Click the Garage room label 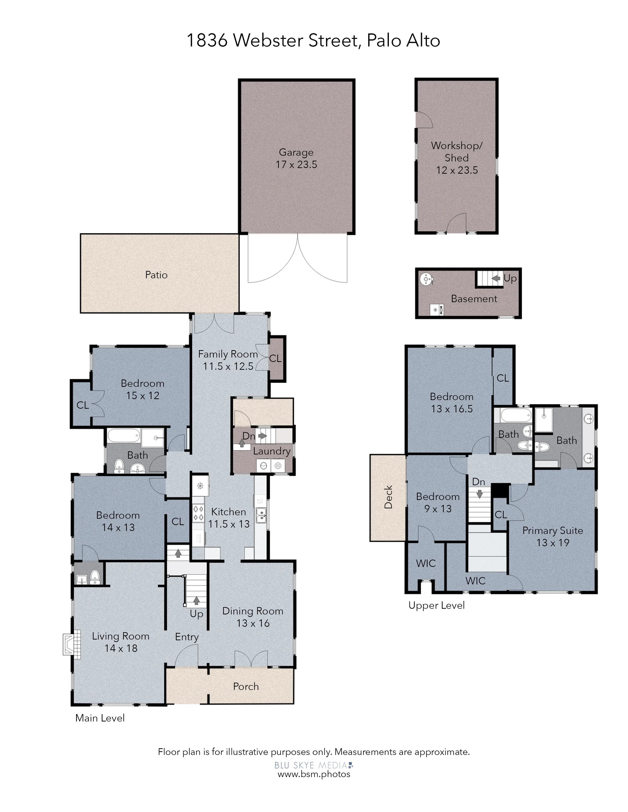[x=296, y=152]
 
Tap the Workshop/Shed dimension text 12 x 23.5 [x=457, y=170]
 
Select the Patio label [x=156, y=275]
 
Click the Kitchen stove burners [x=198, y=514]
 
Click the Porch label [x=246, y=686]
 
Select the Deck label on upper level [x=388, y=497]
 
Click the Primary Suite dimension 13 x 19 [x=553, y=543]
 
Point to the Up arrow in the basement [x=496, y=278]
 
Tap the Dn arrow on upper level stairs [x=480, y=494]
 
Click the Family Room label [x=228, y=354]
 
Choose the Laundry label [x=272, y=451]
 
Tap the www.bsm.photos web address [x=314, y=774]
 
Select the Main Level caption [x=100, y=718]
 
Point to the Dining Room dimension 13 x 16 [x=253, y=623]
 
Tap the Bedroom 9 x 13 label [x=438, y=503]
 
